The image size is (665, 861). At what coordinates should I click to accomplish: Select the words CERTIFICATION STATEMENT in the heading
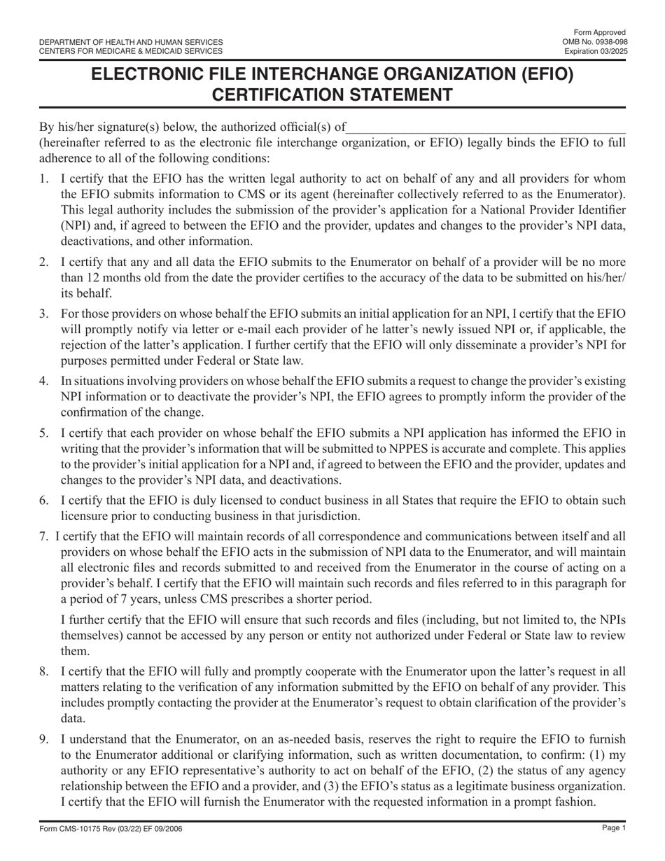click(332, 94)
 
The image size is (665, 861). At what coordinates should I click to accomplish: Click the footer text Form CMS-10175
click(71, 829)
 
